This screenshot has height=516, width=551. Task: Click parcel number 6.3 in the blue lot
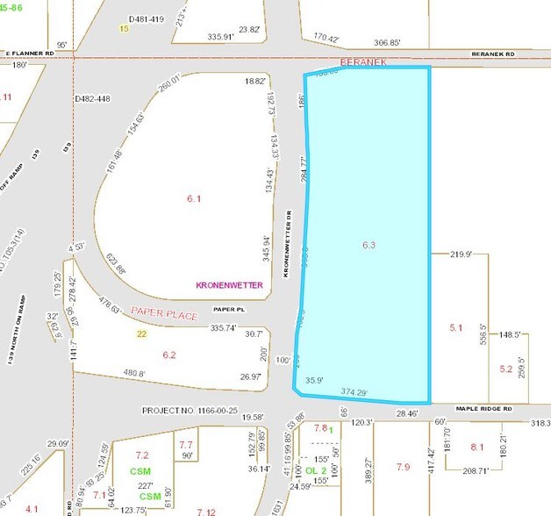(369, 245)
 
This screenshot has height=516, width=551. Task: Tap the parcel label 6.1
(194, 199)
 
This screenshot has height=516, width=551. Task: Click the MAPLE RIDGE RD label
(483, 408)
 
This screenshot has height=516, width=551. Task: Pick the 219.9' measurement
(462, 254)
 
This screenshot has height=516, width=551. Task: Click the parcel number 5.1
(455, 327)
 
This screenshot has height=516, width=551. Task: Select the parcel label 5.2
(505, 369)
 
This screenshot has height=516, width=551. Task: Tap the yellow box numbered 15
(124, 29)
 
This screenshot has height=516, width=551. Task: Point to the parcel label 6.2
(168, 355)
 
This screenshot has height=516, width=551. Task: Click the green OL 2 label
(317, 470)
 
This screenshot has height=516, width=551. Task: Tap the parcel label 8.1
(477, 448)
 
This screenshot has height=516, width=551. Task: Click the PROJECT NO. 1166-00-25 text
(189, 410)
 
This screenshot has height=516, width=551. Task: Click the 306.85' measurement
(387, 42)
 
